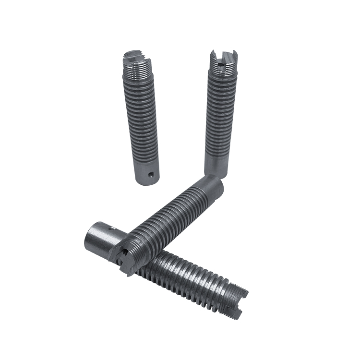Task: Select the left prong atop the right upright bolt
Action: (x=214, y=58)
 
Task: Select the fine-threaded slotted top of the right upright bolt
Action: (x=223, y=65)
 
